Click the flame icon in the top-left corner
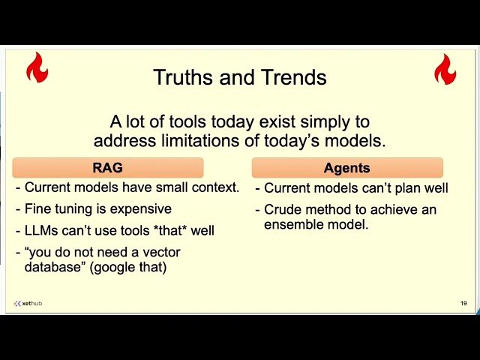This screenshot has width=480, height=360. coord(37,67)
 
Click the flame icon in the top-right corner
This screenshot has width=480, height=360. coord(445,69)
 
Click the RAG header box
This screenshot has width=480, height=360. coord(107,168)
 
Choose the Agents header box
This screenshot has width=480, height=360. coord(346,168)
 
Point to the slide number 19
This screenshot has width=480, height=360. coord(463,303)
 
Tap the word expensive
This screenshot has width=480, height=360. coord(142,209)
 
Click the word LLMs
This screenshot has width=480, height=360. coord(42,230)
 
